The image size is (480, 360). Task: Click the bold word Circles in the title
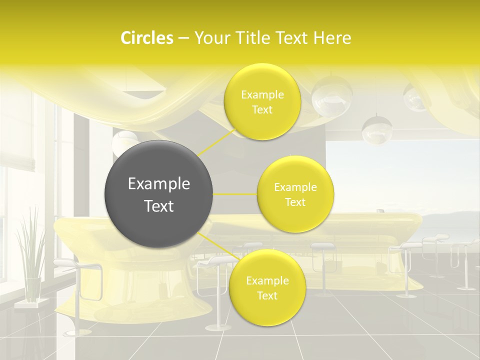(x=147, y=38)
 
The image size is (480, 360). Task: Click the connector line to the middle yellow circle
(x=235, y=194)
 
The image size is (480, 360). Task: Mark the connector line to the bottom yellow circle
(x=217, y=246)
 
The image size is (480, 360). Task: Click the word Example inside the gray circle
(x=159, y=184)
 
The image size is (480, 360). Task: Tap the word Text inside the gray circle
(x=159, y=206)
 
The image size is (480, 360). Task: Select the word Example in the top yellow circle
(x=262, y=95)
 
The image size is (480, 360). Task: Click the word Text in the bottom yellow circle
(x=267, y=295)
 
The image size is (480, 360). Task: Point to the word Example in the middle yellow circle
(x=295, y=187)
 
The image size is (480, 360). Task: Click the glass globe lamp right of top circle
(x=331, y=96)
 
